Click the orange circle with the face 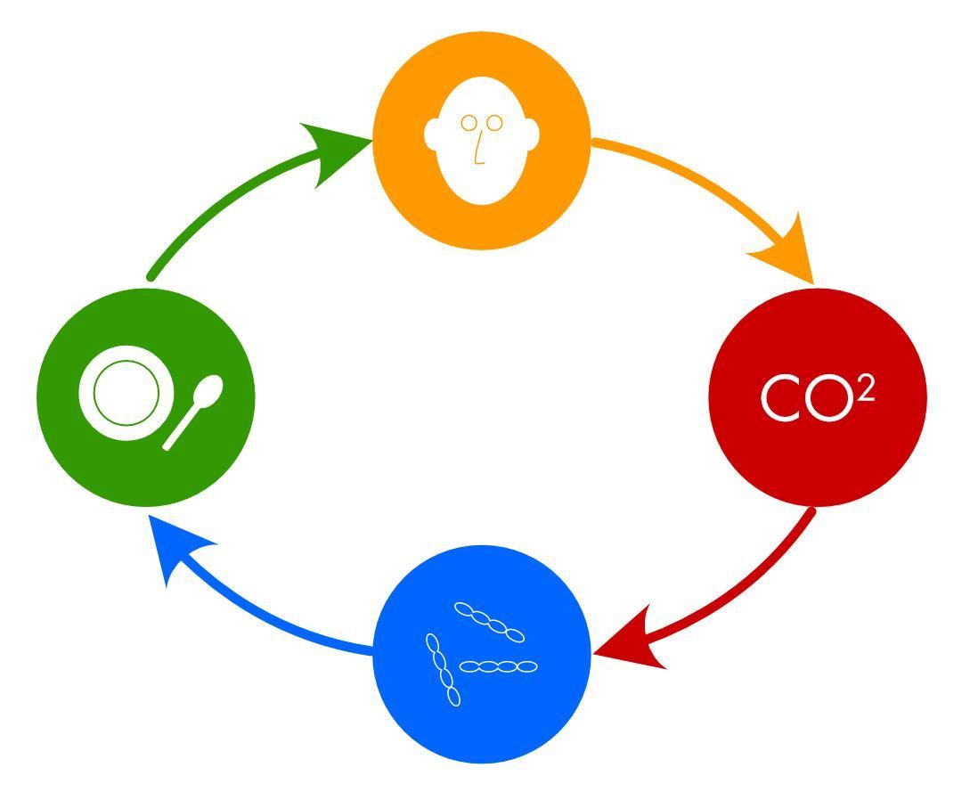(482, 141)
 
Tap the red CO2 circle (817, 397)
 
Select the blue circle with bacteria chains (482, 654)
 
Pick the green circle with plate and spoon (146, 397)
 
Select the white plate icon (126, 393)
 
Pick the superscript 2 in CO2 (866, 391)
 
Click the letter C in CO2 (778, 398)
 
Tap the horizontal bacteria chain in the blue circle (499, 666)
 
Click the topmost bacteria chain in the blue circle (489, 621)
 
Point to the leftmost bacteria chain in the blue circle (443, 670)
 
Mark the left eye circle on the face (469, 123)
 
